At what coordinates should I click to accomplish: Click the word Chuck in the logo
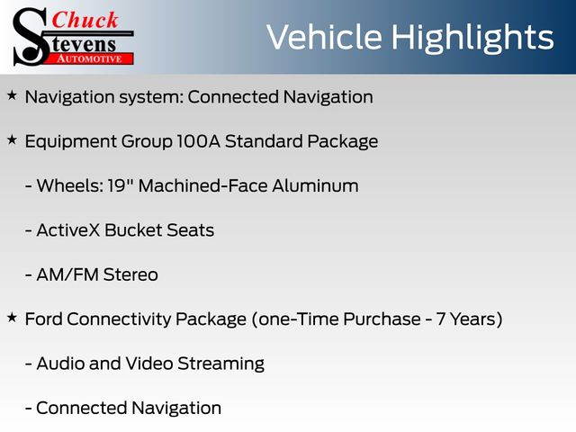[x=85, y=21]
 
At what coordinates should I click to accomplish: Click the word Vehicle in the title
[x=324, y=37]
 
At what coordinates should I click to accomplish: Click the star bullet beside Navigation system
[x=12, y=95]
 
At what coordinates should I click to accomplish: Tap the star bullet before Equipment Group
[x=12, y=140]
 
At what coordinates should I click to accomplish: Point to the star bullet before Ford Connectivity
[x=12, y=318]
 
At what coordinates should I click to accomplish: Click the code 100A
[x=198, y=141]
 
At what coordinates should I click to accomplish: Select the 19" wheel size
[x=120, y=185]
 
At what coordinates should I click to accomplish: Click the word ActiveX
[x=68, y=230]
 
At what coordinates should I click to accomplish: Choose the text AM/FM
[x=67, y=274]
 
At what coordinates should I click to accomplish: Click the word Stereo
[x=130, y=274]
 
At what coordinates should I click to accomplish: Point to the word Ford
[x=43, y=319]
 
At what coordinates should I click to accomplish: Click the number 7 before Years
[x=441, y=319]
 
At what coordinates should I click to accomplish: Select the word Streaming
[x=220, y=364]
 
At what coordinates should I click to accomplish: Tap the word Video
[x=149, y=364]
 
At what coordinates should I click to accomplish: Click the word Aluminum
[x=315, y=186]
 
